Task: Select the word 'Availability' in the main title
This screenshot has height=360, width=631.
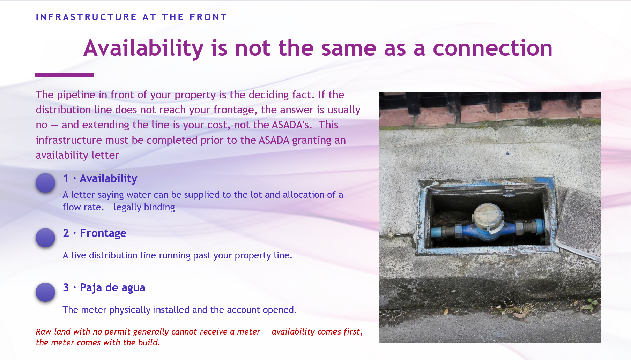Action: coord(143,48)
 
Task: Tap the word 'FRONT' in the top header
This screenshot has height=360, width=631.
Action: coord(208,17)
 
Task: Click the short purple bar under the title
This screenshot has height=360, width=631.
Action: coord(65,75)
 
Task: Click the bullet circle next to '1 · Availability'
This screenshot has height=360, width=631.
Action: coord(45,182)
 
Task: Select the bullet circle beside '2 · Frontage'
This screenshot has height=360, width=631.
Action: coord(45,238)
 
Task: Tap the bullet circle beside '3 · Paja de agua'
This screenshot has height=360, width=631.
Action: coord(45,292)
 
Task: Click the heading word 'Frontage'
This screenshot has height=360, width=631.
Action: coord(103,233)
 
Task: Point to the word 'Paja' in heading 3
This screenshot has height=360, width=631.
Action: coord(91,288)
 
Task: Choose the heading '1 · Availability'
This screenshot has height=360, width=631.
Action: coord(100,179)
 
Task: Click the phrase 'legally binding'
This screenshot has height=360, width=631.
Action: coord(144,207)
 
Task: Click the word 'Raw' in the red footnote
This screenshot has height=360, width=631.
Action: coord(44,332)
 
